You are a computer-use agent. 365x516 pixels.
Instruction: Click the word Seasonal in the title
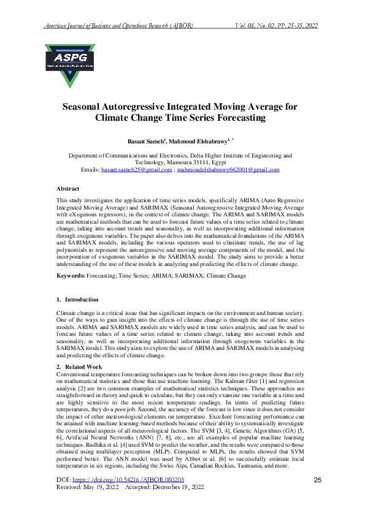87,106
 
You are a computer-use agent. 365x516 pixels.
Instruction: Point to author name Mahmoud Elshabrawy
201,141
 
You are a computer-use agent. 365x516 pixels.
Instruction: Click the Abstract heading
67,189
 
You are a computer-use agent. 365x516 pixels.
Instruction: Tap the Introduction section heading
82,300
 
